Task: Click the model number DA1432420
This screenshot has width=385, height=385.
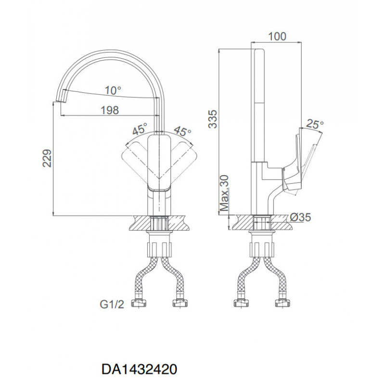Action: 139,369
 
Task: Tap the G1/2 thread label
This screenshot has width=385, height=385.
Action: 112,305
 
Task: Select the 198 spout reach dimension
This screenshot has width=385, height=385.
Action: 110,110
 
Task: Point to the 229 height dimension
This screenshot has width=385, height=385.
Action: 47,158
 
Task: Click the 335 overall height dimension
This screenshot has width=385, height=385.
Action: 213,119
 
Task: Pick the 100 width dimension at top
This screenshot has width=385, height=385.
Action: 277,37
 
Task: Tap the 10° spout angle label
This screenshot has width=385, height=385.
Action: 113,90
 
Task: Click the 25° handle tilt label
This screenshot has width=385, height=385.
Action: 315,125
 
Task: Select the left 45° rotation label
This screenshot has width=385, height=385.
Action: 140,128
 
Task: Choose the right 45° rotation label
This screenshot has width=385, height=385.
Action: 182,131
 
